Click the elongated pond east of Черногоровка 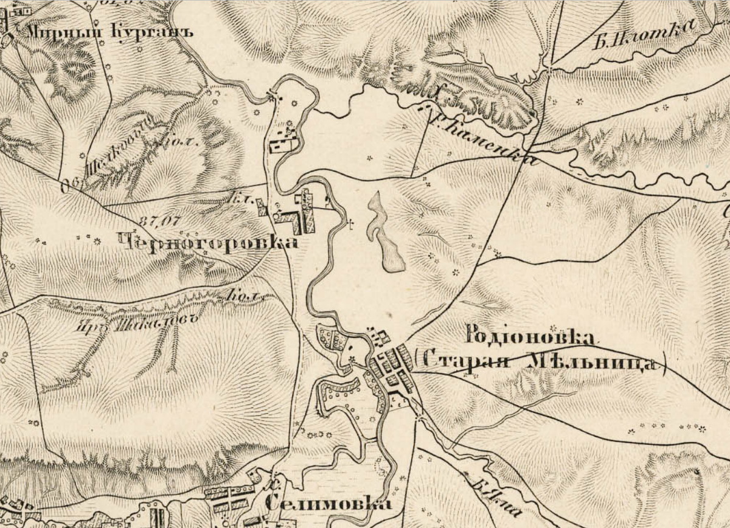pos(384,234)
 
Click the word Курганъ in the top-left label pos(152,32)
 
